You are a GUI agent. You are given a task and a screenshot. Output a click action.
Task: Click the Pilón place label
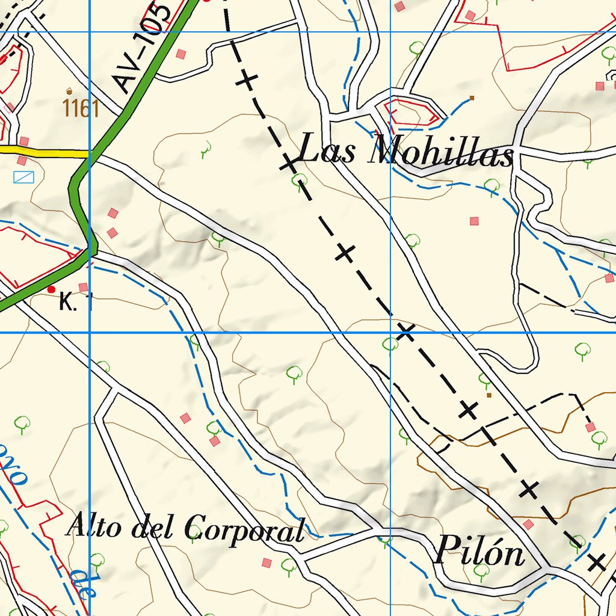pos(479,550)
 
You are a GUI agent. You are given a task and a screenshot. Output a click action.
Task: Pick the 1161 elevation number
pos(81,109)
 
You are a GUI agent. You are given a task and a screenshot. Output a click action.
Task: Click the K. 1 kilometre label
pos(75,302)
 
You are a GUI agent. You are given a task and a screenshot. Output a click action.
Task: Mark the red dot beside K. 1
pos(51,289)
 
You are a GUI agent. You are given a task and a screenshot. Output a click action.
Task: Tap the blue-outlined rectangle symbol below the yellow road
pos(24,177)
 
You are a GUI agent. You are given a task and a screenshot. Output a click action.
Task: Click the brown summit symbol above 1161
pos(70,91)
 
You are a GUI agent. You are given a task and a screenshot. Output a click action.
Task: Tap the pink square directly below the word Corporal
pos(266,562)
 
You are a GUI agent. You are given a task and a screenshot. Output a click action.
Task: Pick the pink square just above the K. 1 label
pos(84,287)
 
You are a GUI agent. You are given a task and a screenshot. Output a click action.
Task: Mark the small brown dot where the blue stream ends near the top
pos(472,97)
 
